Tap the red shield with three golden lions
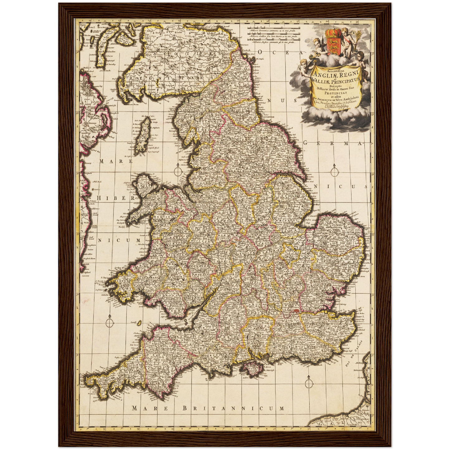[332, 45]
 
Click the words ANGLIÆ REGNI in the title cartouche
[335, 74]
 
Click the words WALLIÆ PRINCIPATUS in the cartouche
[335, 81]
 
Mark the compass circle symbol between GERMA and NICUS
[335, 172]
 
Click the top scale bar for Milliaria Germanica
[274, 31]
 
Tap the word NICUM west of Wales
[119, 240]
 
